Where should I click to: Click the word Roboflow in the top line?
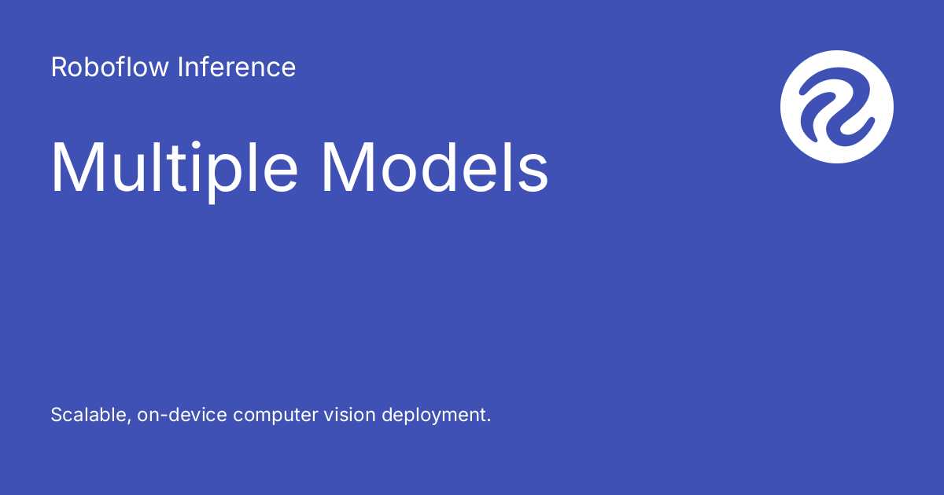pos(110,68)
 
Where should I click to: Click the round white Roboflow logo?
pos(837,107)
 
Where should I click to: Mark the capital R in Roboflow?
pos(58,68)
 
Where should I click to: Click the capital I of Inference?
pos(180,68)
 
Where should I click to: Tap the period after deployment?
pos(488,420)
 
